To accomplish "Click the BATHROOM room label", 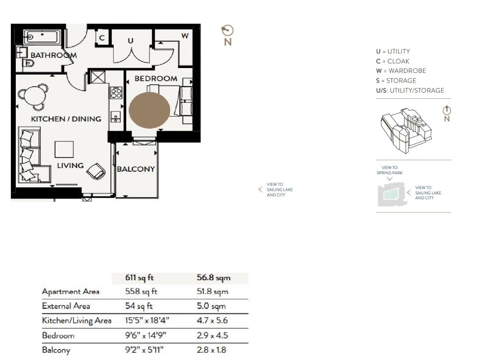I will [x=53, y=55].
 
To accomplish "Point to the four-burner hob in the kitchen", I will [x=116, y=93].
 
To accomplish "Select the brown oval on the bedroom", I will [x=149, y=109].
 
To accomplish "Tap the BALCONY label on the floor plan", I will [x=136, y=169].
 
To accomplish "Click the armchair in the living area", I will [x=97, y=171].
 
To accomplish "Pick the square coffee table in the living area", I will [x=64, y=149].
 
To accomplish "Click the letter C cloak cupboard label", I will [x=102, y=38].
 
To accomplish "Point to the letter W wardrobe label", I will [x=184, y=36].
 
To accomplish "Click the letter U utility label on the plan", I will [x=130, y=41].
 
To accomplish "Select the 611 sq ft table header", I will [x=140, y=278].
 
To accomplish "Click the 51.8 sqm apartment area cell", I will [x=212, y=292].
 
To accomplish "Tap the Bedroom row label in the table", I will [x=58, y=336].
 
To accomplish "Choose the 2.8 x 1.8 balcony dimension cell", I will [x=212, y=350].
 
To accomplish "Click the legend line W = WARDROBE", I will [x=401, y=71].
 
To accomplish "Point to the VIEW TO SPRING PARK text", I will [x=390, y=170].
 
